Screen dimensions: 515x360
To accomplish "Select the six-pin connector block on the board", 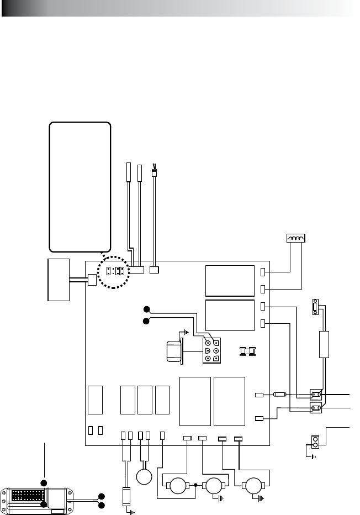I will click(211, 350).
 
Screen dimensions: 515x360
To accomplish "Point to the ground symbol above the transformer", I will click(186, 333).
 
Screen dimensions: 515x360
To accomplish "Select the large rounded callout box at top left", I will click(80, 187).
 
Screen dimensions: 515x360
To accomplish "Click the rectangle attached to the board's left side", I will click(59, 279).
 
